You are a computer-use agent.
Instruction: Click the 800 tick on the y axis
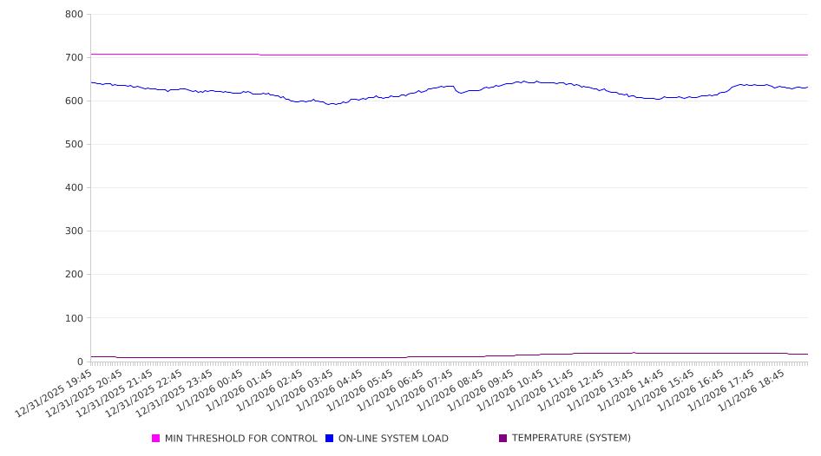pyautogui.click(x=74, y=14)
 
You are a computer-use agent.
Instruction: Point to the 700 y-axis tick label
pyautogui.click(x=74, y=57)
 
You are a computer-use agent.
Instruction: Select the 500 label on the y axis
pyautogui.click(x=74, y=144)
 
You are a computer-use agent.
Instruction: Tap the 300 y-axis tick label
pyautogui.click(x=74, y=231)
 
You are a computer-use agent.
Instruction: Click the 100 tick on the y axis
pyautogui.click(x=74, y=318)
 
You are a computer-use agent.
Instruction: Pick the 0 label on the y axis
pyautogui.click(x=79, y=362)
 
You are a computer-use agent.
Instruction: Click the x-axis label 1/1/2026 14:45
pyautogui.click(x=637, y=393)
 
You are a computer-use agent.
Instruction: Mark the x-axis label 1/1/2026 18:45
pyautogui.click(x=758, y=393)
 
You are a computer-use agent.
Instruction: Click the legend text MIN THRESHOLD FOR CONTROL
pyautogui.click(x=240, y=439)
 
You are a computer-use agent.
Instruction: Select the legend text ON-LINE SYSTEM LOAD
pyautogui.click(x=393, y=439)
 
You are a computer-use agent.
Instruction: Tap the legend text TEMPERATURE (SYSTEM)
pyautogui.click(x=571, y=439)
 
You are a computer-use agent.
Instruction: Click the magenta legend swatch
pyautogui.click(x=156, y=439)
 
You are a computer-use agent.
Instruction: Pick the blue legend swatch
pyautogui.click(x=330, y=439)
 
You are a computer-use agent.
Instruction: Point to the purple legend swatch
pyautogui.click(x=502, y=439)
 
